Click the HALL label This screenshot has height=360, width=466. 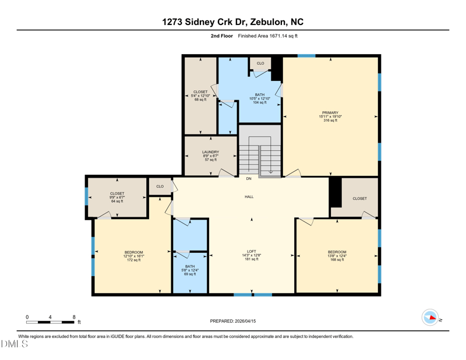(x=249, y=197)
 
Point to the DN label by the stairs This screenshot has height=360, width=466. (x=249, y=179)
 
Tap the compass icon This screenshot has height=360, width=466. (x=430, y=317)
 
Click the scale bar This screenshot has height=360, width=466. (x=50, y=322)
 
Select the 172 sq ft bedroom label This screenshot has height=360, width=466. (x=133, y=256)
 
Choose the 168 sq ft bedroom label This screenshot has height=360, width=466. (x=337, y=256)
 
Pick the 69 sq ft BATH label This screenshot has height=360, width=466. (x=190, y=270)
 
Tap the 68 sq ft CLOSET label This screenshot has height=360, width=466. (x=200, y=96)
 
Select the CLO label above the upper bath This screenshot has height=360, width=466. (x=260, y=63)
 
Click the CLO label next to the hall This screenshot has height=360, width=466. (x=160, y=186)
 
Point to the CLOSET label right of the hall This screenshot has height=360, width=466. (x=359, y=199)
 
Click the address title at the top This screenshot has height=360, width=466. (x=233, y=22)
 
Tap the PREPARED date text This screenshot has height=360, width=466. (x=233, y=321)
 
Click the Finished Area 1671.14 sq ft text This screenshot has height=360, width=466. (x=268, y=36)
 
